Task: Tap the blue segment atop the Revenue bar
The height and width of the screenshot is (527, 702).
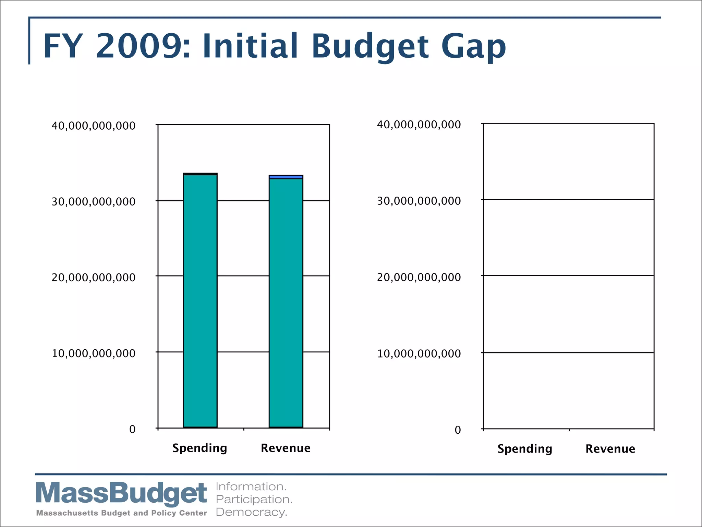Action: pyautogui.click(x=286, y=177)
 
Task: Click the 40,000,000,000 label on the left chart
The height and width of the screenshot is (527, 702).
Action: pyautogui.click(x=94, y=126)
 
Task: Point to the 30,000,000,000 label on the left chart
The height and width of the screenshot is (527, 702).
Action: pyautogui.click(x=94, y=202)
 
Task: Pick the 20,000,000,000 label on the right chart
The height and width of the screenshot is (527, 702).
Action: pyautogui.click(x=419, y=277)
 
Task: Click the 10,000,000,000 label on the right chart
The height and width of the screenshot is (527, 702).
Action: pyautogui.click(x=419, y=354)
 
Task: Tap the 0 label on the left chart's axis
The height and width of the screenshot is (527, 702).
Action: pyautogui.click(x=132, y=429)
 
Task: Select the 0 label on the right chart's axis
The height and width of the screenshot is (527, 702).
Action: pyautogui.click(x=458, y=430)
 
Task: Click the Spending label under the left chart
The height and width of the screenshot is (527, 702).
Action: pyautogui.click(x=199, y=448)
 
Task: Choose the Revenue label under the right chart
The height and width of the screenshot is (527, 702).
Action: pyautogui.click(x=610, y=449)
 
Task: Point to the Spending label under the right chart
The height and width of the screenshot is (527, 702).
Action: pyautogui.click(x=524, y=449)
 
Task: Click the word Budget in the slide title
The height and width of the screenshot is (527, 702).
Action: pyautogui.click(x=370, y=46)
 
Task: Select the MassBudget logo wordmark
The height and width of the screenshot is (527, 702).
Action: pyautogui.click(x=121, y=493)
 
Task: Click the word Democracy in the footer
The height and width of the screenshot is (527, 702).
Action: pyautogui.click(x=251, y=512)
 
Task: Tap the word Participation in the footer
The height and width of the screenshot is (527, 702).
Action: pyautogui.click(x=254, y=499)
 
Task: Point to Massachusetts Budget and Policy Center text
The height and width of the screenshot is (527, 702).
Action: pyautogui.click(x=121, y=513)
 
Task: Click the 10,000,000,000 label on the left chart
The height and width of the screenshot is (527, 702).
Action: pyautogui.click(x=94, y=353)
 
